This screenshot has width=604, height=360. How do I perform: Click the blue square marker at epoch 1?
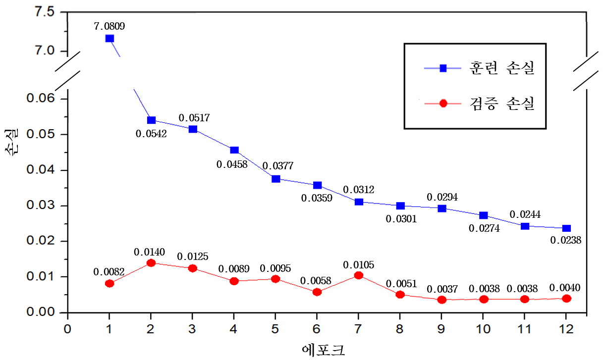coord(110,38)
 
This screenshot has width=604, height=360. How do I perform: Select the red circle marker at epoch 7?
coord(359,275)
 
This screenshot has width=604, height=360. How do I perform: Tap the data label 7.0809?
coord(110,25)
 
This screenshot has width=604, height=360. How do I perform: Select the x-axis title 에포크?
coord(324,350)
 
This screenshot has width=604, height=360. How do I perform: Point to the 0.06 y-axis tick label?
coord(41,99)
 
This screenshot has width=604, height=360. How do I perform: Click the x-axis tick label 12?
coord(566,329)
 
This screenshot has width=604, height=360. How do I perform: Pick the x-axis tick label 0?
coord(68,329)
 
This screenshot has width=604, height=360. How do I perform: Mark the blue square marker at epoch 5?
coord(276,179)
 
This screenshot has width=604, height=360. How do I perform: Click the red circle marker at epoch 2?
coord(151,263)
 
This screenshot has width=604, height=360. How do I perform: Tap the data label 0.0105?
coord(359,265)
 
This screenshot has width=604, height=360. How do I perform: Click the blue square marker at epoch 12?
coord(566,228)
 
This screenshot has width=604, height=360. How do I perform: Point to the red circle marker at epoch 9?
coord(442,300)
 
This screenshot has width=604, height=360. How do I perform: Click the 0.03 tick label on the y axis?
coord(41,206)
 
